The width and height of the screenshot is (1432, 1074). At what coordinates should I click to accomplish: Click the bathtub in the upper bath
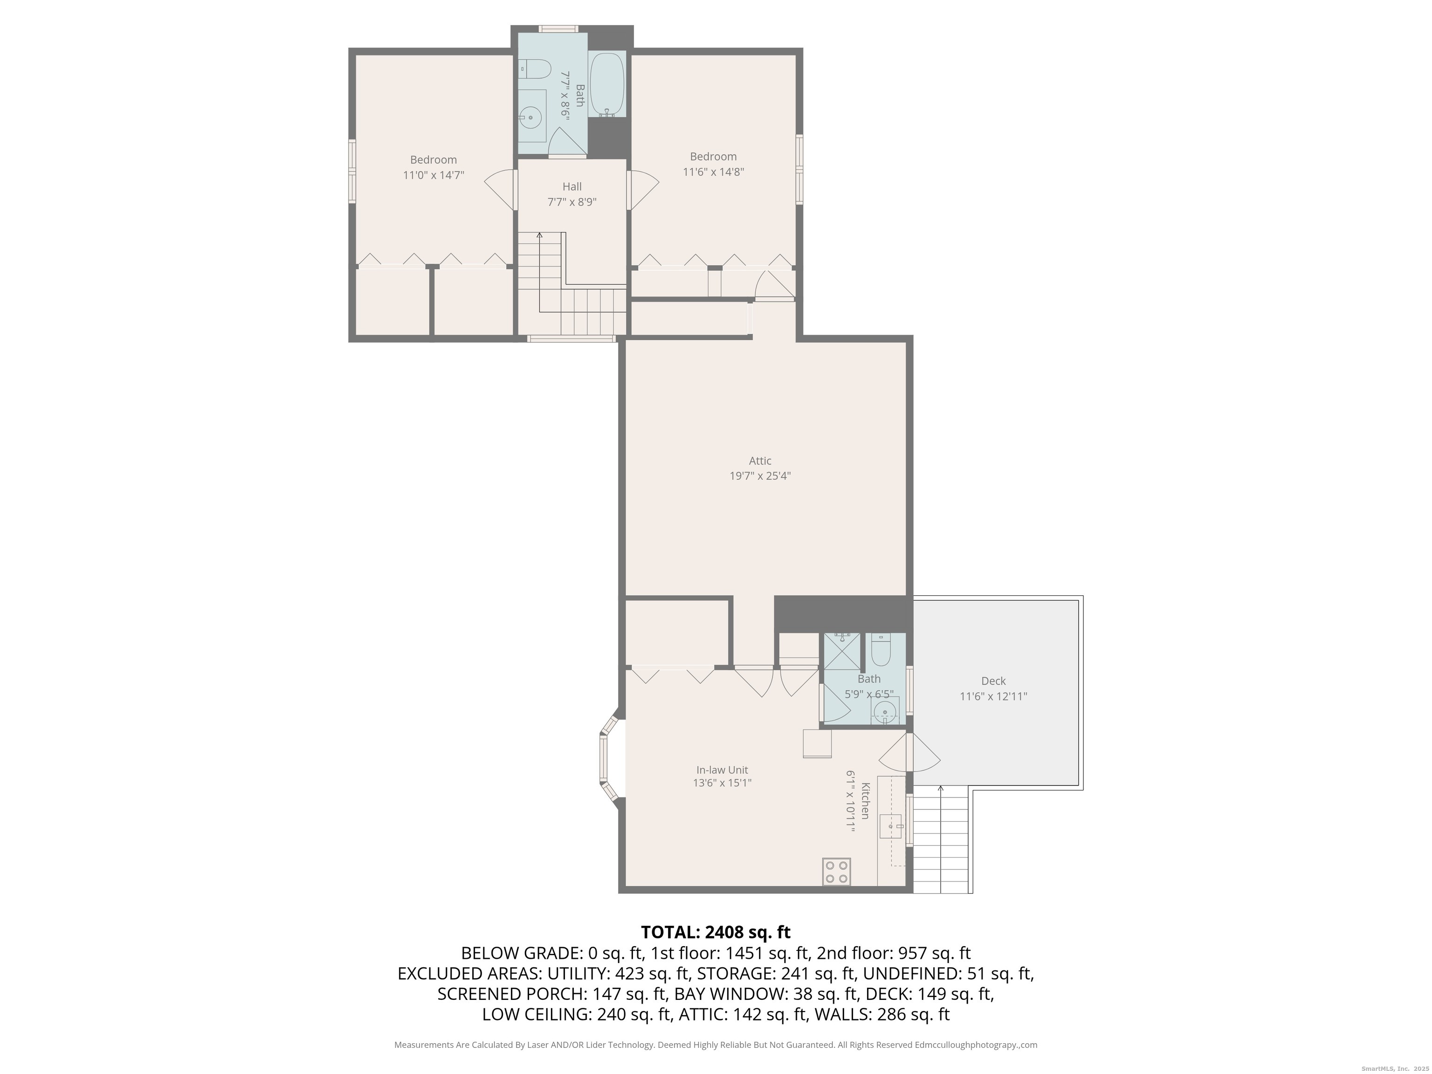point(607,84)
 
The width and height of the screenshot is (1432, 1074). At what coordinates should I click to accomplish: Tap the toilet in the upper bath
point(534,69)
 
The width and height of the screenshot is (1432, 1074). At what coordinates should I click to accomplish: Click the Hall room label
point(571,186)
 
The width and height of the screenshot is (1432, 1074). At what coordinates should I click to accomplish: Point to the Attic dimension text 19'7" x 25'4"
point(760,476)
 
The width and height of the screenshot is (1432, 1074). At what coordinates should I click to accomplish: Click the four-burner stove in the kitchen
point(836,871)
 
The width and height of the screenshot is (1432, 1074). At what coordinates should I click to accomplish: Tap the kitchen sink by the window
point(891,826)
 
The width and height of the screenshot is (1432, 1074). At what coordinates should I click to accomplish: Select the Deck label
point(993,681)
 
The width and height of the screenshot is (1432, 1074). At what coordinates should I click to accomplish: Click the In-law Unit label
point(722,770)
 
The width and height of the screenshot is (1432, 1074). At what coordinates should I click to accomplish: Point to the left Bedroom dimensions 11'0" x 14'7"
point(433,175)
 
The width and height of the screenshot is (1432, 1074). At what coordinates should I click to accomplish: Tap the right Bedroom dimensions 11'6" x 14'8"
point(713,172)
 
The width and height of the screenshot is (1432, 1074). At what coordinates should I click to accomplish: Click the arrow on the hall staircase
point(540,272)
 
